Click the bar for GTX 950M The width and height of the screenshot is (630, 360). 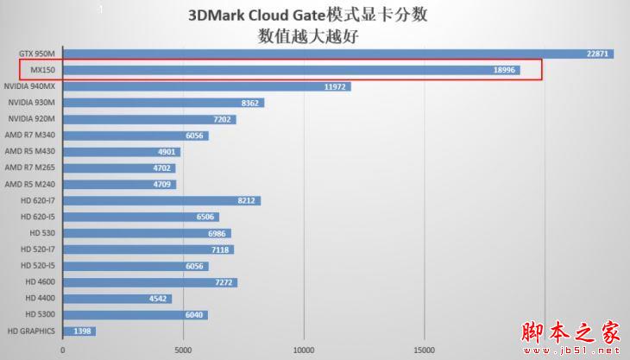pyautogui.click(x=337, y=54)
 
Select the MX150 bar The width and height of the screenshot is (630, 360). pyautogui.click(x=291, y=70)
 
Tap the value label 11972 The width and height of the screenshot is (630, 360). pyautogui.click(x=335, y=86)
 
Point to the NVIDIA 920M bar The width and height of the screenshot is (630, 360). pyautogui.click(x=148, y=119)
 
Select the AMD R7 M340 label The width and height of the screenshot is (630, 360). pyautogui.click(x=30, y=136)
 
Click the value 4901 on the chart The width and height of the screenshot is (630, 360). pyautogui.click(x=167, y=152)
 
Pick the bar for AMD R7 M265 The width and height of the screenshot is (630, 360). pyautogui.click(x=118, y=168)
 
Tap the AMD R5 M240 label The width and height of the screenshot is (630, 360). pyautogui.click(x=30, y=185)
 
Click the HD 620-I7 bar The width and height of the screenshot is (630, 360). pyautogui.click(x=161, y=201)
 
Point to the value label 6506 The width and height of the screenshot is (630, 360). pyautogui.click(x=205, y=217)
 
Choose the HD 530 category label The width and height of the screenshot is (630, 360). pyautogui.click(x=41, y=233)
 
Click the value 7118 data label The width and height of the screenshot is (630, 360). pyautogui.click(x=221, y=249)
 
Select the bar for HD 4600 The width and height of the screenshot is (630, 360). pyautogui.click(x=149, y=282)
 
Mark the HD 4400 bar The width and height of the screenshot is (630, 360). pyautogui.click(x=117, y=299)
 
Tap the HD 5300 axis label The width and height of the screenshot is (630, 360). pyautogui.click(x=40, y=314)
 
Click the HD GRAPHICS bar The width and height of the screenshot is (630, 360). pyautogui.click(x=79, y=331)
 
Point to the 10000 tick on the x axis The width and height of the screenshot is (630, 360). pyautogui.click(x=303, y=351)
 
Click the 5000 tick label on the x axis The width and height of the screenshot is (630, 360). pyautogui.click(x=183, y=351)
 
